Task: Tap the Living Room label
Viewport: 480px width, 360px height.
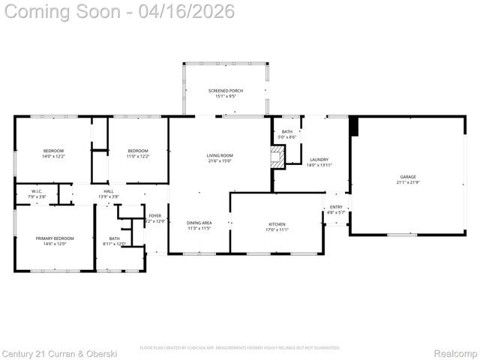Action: tap(220, 155)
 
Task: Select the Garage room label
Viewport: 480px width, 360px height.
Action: tap(407, 177)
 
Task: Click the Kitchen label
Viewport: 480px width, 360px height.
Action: tap(277, 224)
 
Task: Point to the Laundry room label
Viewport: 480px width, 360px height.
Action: tap(319, 159)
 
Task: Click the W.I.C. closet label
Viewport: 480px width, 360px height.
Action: tap(36, 191)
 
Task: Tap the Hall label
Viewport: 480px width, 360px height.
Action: tap(109, 191)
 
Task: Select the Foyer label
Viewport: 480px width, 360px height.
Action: tap(154, 215)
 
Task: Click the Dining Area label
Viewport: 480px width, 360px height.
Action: tap(199, 223)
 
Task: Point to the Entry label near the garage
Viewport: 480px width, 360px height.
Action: tap(335, 207)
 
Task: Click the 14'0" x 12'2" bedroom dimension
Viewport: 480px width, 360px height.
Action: tap(53, 157)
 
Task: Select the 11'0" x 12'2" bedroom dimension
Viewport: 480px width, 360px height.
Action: tap(137, 157)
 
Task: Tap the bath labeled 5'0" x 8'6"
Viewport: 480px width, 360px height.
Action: tap(287, 136)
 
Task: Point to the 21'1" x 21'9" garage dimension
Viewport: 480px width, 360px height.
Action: tap(407, 182)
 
